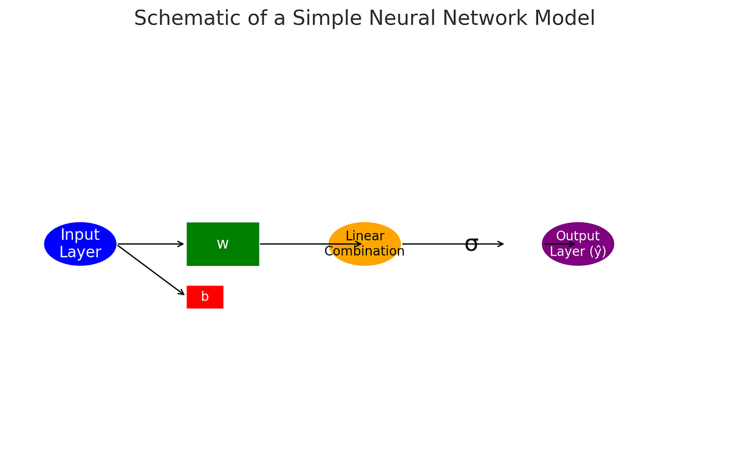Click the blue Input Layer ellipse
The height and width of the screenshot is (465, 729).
tap(80, 244)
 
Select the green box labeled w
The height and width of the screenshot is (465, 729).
tap(222, 244)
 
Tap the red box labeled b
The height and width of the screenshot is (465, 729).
tap(205, 297)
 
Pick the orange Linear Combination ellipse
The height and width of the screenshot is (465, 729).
tap(364, 244)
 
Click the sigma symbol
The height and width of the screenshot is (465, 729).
tap(471, 245)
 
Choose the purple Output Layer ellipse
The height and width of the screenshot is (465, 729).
tap(578, 244)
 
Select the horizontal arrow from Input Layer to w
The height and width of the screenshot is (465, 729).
tap(151, 244)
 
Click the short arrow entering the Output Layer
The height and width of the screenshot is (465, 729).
tap(559, 244)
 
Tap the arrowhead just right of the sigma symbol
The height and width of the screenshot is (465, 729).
tap(501, 244)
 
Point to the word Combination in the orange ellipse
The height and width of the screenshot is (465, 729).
tap(364, 251)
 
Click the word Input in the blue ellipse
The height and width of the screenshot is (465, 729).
tap(80, 236)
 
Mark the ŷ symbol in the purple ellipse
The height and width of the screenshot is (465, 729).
tap(595, 251)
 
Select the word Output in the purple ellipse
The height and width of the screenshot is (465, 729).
tap(578, 236)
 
